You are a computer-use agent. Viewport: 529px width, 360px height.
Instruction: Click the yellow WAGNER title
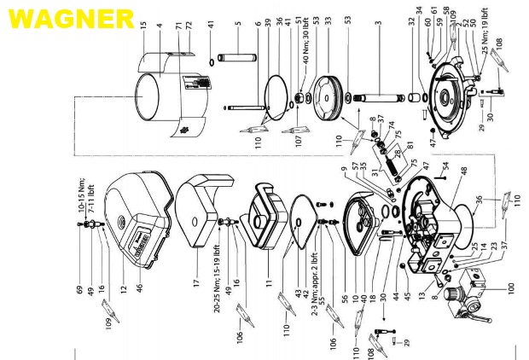[68, 17]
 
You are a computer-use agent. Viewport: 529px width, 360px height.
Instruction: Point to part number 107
[299, 134]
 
